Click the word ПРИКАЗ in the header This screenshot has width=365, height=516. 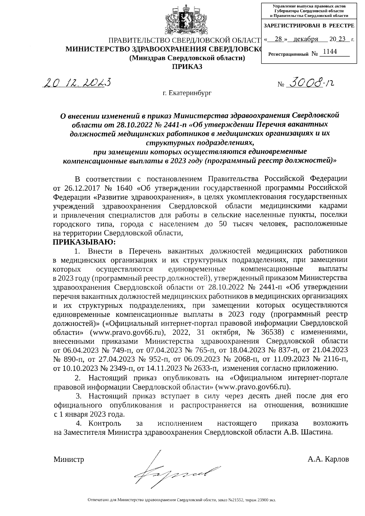pyautogui.click(x=187, y=67)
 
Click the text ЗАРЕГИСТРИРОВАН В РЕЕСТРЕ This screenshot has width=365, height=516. pyautogui.click(x=309, y=26)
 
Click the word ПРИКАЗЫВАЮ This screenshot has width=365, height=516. pyautogui.click(x=85, y=242)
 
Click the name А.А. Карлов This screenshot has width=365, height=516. pyautogui.click(x=328, y=459)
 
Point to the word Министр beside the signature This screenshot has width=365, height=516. pyautogui.click(x=69, y=459)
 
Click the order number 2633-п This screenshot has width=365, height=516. pyautogui.click(x=205, y=368)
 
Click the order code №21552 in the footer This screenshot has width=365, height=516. pyautogui.click(x=236, y=500)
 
